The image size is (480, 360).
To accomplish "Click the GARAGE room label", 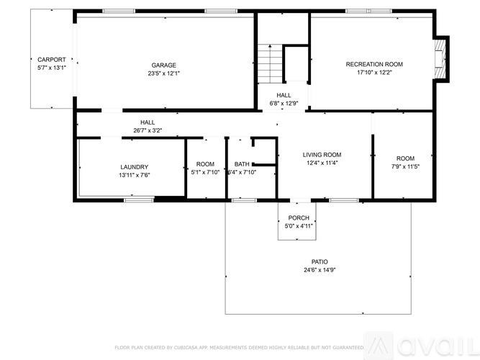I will pyautogui.click(x=163, y=65).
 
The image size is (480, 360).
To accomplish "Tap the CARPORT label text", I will pyautogui.click(x=51, y=60).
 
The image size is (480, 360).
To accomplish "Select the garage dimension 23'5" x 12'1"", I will pyautogui.click(x=163, y=73).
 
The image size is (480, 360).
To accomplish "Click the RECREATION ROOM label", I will pyautogui.click(x=374, y=64).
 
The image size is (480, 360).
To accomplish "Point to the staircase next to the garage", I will pyautogui.click(x=270, y=63).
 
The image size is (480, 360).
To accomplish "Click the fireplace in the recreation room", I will pyautogui.click(x=440, y=59).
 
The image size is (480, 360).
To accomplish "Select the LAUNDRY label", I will pyautogui.click(x=134, y=166).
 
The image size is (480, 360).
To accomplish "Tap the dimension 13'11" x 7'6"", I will pyautogui.click(x=134, y=174).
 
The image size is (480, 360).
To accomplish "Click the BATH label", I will pyautogui.click(x=241, y=164).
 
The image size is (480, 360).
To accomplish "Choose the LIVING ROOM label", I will pyautogui.click(x=321, y=155).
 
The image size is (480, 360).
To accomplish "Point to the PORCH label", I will pyautogui.click(x=299, y=218).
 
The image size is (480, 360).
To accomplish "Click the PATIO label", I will pyautogui.click(x=320, y=262).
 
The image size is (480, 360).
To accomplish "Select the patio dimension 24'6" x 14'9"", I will pyautogui.click(x=320, y=270).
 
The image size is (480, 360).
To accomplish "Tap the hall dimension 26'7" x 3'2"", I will pyautogui.click(x=148, y=130).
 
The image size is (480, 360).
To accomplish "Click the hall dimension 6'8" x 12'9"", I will pyautogui.click(x=284, y=103).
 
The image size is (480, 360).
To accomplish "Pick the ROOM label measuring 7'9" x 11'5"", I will pyautogui.click(x=405, y=158).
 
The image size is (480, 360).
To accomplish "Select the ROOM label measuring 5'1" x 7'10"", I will pyautogui.click(x=205, y=164).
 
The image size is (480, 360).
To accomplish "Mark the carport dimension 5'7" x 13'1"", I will pyautogui.click(x=51, y=68).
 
